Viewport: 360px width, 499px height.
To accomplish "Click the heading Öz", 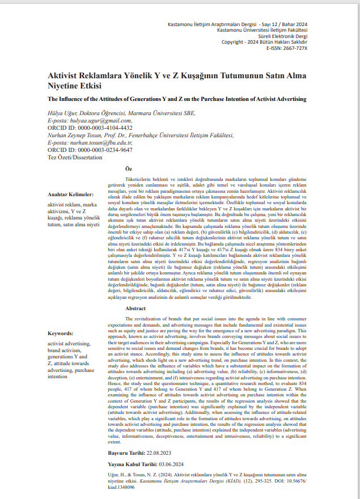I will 129,168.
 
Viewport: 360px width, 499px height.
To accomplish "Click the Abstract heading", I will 135,308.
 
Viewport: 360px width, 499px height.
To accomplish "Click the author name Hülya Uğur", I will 62,113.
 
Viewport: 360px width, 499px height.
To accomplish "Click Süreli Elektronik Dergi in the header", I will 282,36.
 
